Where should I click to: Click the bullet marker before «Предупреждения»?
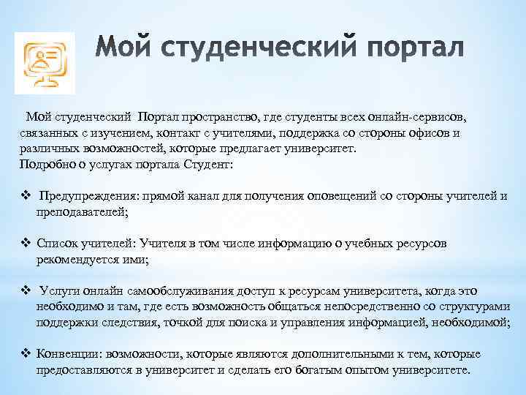[x=26, y=196]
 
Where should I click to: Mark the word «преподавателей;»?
[x=82, y=212]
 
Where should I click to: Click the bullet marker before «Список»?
[x=26, y=243]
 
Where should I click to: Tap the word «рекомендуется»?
[x=80, y=259]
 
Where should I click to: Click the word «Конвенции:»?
[x=69, y=354]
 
